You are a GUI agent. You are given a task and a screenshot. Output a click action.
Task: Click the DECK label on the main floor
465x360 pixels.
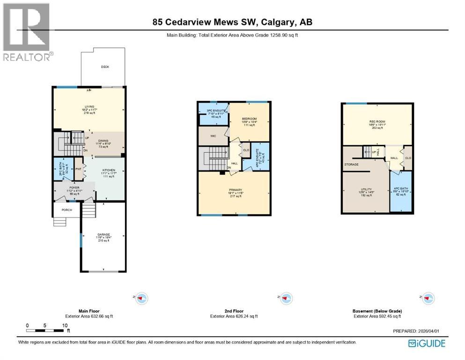(x=105, y=67)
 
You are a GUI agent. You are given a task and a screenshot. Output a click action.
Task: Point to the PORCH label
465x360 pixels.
(x=67, y=210)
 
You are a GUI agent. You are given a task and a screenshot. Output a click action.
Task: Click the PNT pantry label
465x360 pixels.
(x=79, y=169)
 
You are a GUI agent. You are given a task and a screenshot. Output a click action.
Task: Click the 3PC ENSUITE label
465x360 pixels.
(x=214, y=111)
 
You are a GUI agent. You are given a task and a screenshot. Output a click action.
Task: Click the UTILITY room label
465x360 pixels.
(x=365, y=189)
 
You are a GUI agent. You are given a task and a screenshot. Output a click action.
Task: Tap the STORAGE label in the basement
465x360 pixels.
(x=351, y=165)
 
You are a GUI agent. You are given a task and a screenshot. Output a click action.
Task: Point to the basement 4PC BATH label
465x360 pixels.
(x=401, y=189)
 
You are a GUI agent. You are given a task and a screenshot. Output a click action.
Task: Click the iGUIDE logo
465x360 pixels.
(x=427, y=343)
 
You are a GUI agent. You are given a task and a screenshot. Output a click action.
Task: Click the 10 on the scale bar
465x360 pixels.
(x=65, y=325)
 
